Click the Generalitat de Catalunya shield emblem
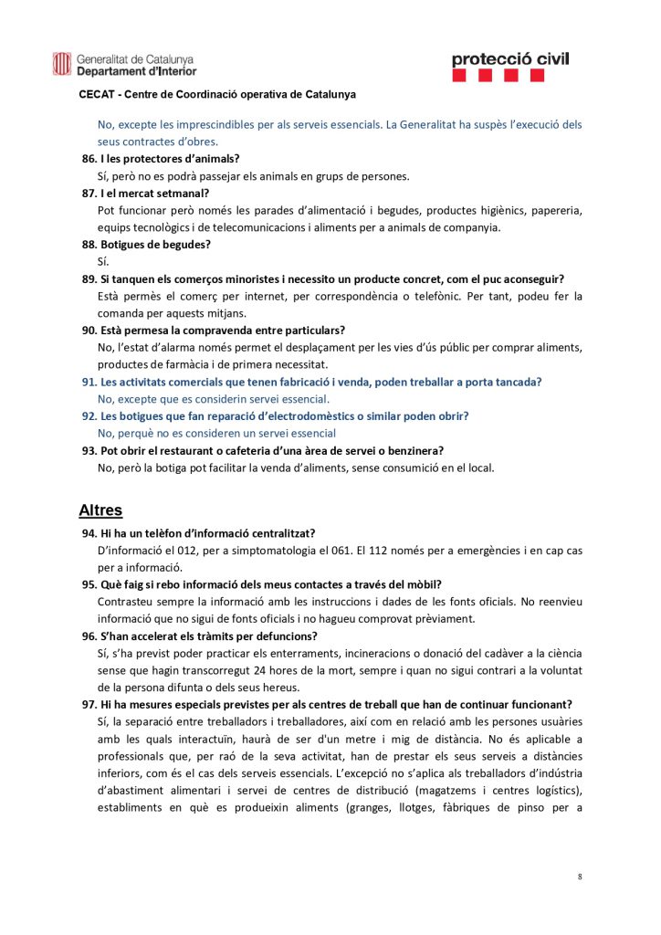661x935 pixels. pos(62,64)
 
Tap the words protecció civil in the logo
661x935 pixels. pos(509,59)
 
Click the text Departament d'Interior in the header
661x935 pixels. pos(136,71)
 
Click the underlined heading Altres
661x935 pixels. pos(100,510)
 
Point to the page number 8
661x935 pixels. pos(580,877)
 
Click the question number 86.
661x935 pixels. pos(89,158)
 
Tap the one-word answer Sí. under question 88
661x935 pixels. pos(103,262)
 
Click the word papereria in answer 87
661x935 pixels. pos(553,210)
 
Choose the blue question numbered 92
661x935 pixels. pos(276,416)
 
